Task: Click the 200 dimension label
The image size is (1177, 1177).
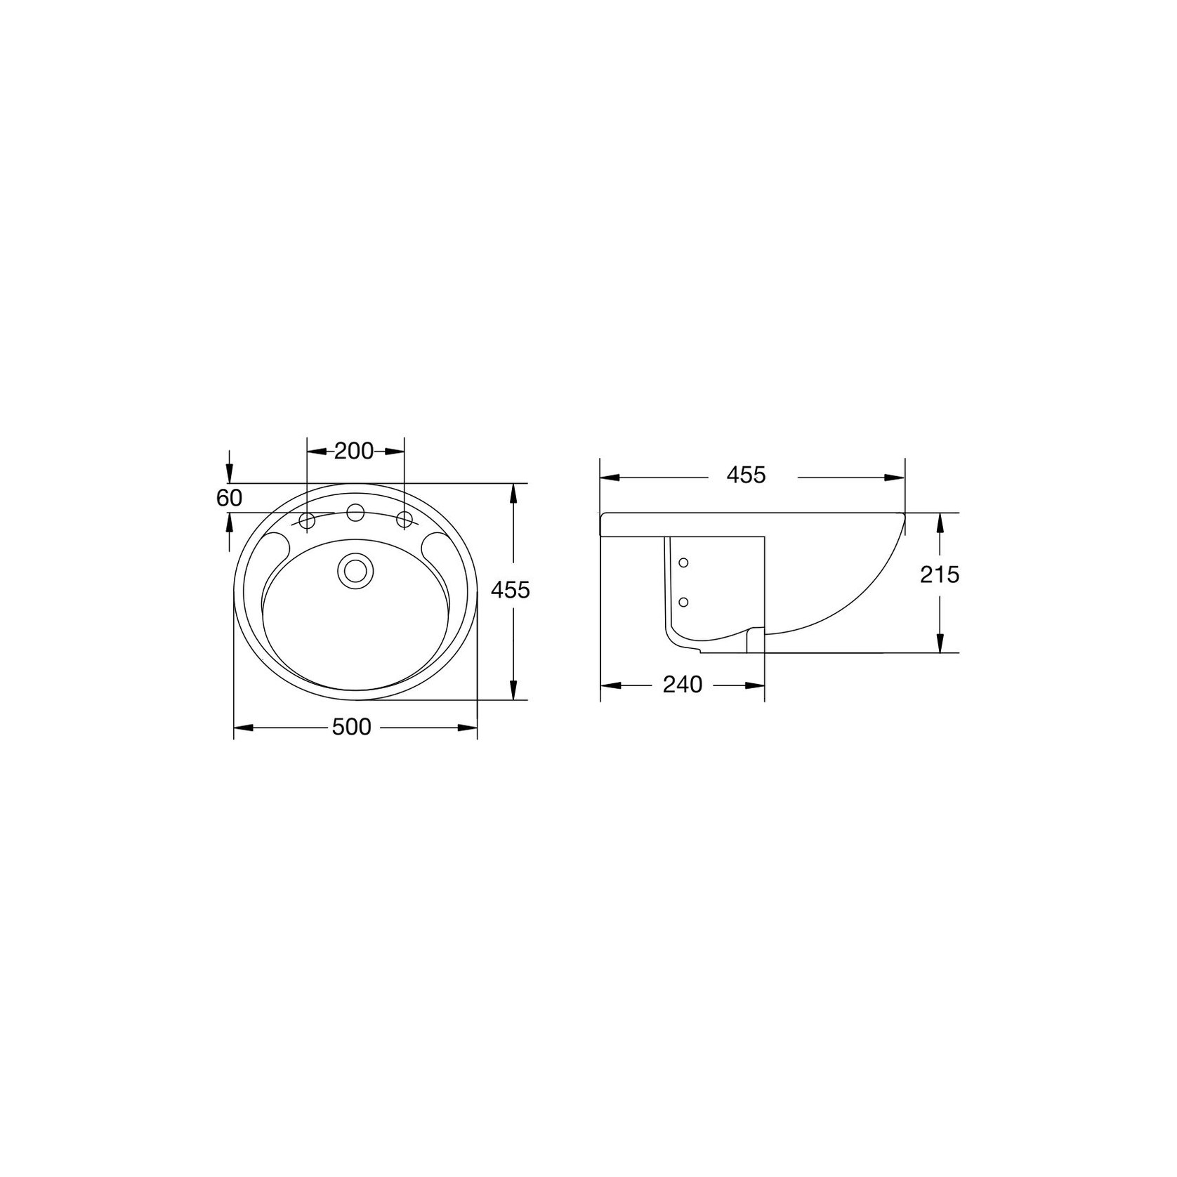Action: (x=353, y=451)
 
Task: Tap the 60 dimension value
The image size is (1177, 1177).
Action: (x=229, y=498)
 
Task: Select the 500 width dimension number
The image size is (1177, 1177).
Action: (x=351, y=727)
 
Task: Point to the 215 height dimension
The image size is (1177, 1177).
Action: (x=940, y=574)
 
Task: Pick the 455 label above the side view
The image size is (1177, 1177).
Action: (x=746, y=475)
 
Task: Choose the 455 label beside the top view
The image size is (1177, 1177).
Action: (x=511, y=590)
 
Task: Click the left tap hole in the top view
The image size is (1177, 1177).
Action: (x=307, y=520)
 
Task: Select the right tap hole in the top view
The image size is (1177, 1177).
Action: (x=404, y=520)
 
